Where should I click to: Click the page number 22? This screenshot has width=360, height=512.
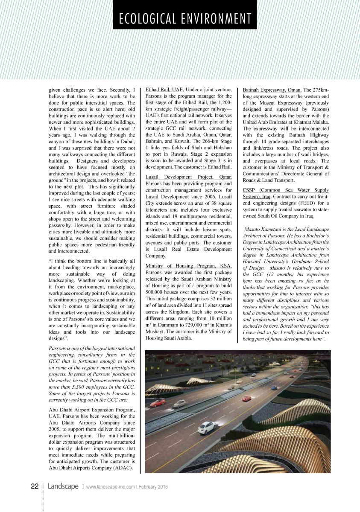pos(35,486)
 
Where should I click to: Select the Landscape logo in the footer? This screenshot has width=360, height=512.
pos(63,486)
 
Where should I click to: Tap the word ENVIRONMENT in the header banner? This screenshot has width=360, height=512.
pos(217,19)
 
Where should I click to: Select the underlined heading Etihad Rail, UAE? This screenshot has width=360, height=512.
pos(165,90)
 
